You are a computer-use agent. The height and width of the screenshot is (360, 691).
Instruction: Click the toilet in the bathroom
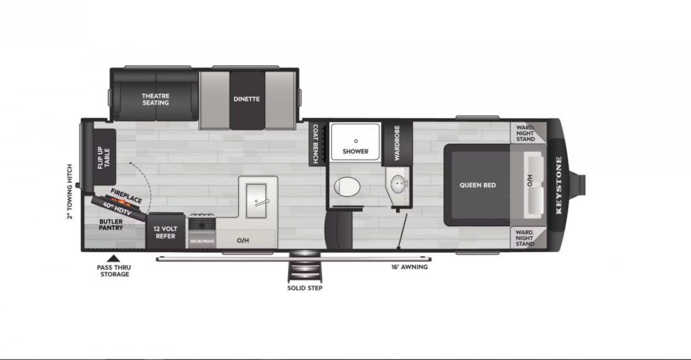tap(347, 187)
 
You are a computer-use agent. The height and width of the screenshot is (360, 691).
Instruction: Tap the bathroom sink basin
tap(398, 184)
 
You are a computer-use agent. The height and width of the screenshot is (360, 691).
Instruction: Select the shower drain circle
tap(356, 141)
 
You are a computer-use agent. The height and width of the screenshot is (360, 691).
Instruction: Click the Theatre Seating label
tap(155, 99)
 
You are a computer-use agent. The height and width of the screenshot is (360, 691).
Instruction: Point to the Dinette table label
tap(247, 99)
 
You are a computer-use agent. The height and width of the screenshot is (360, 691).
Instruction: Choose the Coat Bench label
tap(315, 144)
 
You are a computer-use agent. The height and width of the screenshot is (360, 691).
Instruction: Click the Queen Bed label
tap(478, 185)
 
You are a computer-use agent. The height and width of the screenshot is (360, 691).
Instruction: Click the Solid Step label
tap(305, 288)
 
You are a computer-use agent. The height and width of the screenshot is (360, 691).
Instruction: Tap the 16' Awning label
tap(410, 267)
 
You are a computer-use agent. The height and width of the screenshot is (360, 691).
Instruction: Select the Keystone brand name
tap(559, 185)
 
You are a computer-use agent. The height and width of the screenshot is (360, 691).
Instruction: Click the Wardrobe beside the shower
tap(397, 143)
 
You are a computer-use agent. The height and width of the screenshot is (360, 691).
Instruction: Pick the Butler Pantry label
tap(111, 225)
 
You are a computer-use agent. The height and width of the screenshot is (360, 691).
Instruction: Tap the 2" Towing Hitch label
tap(70, 192)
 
